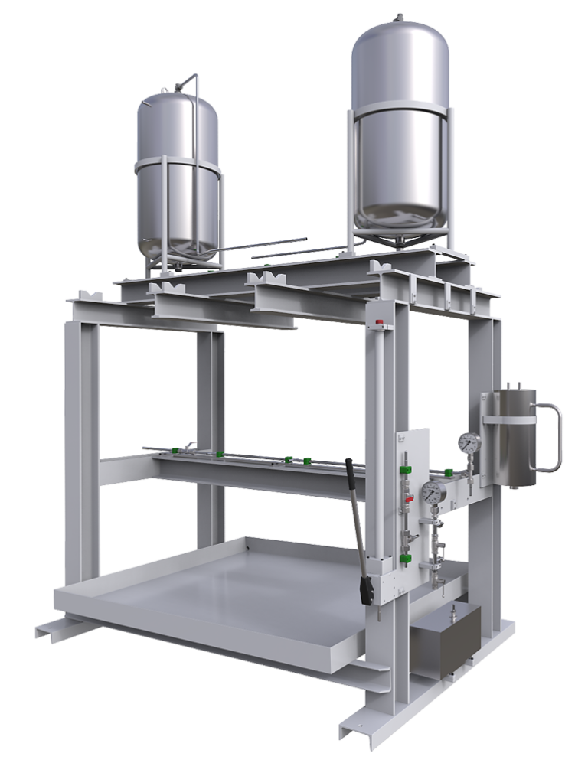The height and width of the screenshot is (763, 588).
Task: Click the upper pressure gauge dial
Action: (468, 442)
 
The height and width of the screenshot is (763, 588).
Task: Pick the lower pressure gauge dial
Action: (433, 492)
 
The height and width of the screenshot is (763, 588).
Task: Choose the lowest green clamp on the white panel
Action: (404, 564)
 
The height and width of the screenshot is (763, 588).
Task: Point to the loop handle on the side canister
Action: (552, 438)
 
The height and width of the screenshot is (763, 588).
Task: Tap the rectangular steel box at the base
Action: (445, 641)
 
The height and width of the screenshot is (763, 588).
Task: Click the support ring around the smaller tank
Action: (177, 164)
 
